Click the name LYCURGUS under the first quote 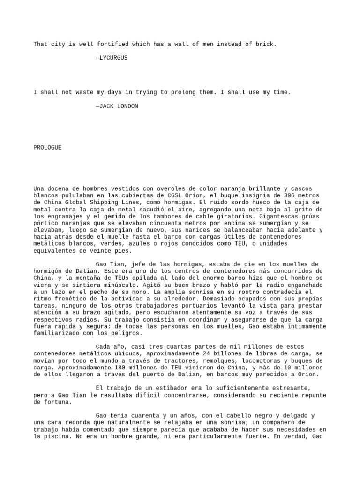click(x=113, y=58)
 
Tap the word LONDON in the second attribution click(x=126, y=106)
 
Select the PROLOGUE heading click(x=47, y=147)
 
